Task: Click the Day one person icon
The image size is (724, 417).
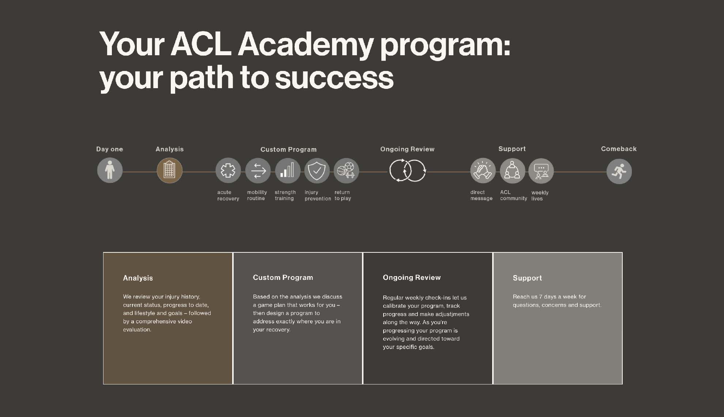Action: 110,170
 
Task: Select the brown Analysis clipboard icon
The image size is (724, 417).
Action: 169,170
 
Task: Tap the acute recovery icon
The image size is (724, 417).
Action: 228,170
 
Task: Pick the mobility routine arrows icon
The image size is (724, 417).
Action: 258,170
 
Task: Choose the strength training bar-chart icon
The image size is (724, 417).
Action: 287,170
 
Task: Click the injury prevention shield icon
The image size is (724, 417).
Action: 317,170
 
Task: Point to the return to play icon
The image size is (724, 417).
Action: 346,170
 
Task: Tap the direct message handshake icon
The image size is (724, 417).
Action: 483,170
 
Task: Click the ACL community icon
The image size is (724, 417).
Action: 512,170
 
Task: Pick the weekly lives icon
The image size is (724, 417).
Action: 541,171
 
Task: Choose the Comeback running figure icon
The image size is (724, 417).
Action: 619,171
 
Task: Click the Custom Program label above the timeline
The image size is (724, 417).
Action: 289,150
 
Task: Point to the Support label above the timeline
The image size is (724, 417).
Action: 512,149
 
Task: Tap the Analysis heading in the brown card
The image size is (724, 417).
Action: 138,278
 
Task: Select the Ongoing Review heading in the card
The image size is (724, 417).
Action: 412,278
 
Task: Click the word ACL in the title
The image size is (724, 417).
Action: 201,44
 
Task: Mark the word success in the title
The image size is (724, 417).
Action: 334,78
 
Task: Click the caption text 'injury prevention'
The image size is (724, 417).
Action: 318,195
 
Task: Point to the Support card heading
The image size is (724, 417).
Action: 527,278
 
